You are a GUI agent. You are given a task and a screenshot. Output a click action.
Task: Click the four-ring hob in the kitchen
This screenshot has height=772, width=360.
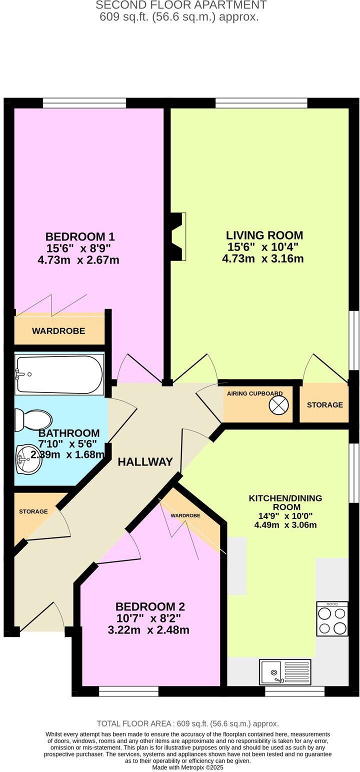point(332,619)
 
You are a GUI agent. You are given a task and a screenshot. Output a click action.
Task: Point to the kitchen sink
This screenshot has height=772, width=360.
point(284,671)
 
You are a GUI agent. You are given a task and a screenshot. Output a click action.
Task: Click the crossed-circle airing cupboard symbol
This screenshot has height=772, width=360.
point(279,404)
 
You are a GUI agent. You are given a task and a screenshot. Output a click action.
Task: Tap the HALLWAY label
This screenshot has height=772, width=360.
point(145,462)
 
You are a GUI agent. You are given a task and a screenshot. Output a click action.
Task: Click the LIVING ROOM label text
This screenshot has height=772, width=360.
point(264,235)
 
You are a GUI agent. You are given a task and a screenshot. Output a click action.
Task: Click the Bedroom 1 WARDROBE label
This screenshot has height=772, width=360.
point(58,331)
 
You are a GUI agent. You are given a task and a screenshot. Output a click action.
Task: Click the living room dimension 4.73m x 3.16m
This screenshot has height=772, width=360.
point(262,258)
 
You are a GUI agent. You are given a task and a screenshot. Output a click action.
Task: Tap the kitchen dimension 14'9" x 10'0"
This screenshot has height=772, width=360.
point(285,516)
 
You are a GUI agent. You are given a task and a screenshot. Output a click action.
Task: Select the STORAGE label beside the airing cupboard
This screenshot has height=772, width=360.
point(325,404)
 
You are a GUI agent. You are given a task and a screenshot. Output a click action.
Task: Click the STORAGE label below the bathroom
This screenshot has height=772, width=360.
point(33,511)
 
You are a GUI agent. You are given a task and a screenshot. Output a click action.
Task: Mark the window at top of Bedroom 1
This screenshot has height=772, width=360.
point(84,102)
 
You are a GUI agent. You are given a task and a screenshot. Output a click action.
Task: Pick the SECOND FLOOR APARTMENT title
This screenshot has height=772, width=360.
point(180,5)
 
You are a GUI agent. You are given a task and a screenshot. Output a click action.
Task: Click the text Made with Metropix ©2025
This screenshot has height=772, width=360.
point(187,767)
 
